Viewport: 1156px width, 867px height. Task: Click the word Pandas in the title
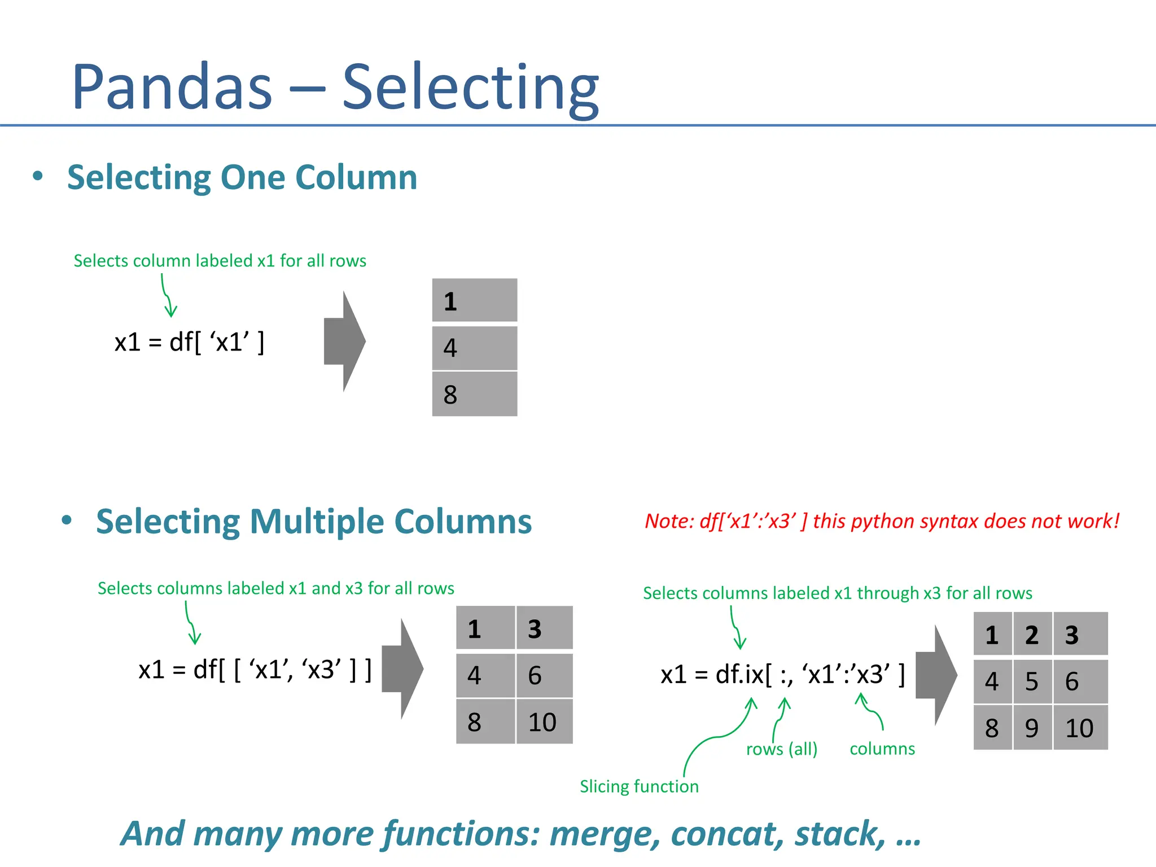tap(172, 87)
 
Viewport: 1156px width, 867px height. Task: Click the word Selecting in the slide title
tap(470, 87)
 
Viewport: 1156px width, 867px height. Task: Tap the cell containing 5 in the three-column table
tap(1032, 682)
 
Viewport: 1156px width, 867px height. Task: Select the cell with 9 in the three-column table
tap(1032, 728)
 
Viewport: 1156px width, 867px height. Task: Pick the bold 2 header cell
tap(1032, 635)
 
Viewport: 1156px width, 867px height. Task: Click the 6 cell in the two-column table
tap(543, 676)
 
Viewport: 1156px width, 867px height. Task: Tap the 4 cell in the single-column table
tap(474, 348)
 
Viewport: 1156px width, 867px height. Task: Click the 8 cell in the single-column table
tap(474, 394)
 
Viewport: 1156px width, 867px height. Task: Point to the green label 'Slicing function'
tap(639, 786)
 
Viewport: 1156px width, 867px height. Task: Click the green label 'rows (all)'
tap(782, 749)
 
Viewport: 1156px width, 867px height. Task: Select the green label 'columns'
tap(882, 749)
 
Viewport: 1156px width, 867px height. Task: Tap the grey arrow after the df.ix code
tap(935, 675)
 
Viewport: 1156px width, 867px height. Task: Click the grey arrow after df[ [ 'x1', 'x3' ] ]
tap(402, 669)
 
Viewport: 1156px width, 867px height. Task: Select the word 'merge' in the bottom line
tap(605, 834)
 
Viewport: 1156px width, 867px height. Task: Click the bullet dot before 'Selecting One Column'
tap(38, 176)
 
